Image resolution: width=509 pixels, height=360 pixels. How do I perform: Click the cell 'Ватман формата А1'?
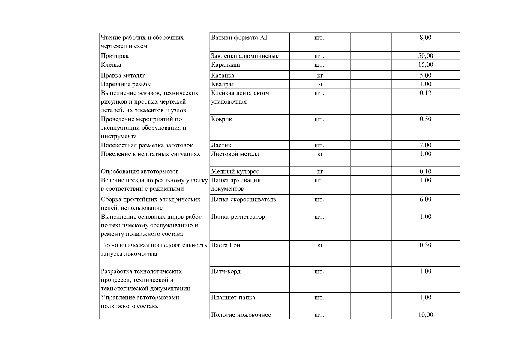click(239, 38)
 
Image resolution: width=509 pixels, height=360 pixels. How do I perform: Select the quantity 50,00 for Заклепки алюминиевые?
click(425, 56)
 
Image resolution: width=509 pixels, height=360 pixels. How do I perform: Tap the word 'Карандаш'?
click(226, 65)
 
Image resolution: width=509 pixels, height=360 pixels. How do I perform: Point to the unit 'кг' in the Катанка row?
click(320, 76)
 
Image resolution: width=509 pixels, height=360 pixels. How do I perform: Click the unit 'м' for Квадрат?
click(320, 84)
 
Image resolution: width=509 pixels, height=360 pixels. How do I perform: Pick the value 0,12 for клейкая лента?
click(425, 93)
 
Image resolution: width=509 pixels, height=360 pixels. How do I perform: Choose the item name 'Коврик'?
click(222, 119)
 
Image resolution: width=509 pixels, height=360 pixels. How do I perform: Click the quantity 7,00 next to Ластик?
click(425, 145)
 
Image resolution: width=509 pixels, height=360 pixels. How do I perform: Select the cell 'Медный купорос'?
click(235, 172)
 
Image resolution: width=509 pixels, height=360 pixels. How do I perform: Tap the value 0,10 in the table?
click(425, 172)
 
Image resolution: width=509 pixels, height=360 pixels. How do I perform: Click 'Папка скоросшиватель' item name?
click(244, 199)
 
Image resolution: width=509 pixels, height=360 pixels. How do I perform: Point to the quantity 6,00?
click(425, 199)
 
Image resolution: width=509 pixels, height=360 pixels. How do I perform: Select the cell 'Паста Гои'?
click(226, 245)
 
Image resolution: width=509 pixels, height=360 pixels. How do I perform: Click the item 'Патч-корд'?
click(226, 271)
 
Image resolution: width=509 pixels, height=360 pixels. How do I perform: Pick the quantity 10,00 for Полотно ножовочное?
click(425, 315)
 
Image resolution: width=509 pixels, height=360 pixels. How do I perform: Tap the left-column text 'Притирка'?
click(115, 56)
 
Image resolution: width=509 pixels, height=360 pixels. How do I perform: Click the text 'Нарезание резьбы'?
click(126, 84)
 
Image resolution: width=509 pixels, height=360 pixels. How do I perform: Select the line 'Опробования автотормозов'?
click(139, 172)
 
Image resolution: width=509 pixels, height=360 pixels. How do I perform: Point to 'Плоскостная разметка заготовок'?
click(147, 145)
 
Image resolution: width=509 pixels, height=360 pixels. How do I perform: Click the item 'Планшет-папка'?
click(233, 298)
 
